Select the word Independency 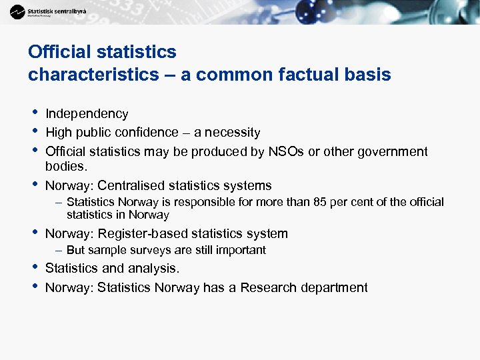pos(87,114)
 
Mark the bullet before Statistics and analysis pos(33,267)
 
